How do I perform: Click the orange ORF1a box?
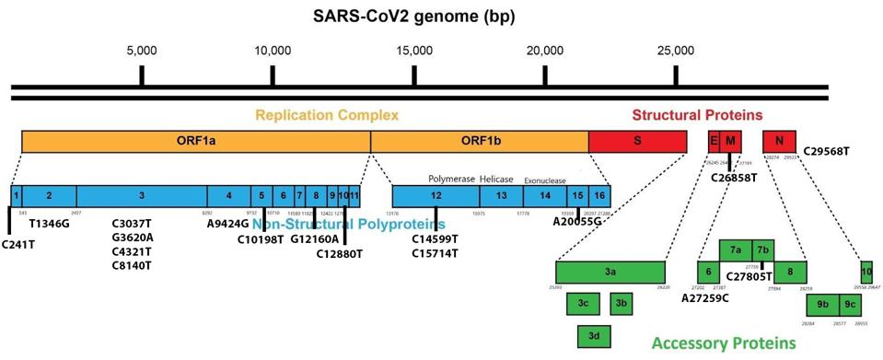195,141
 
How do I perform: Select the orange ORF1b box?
479,141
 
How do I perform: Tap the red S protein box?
637,141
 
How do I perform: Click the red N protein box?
780,141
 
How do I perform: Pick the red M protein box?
730,141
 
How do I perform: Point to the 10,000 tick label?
273,50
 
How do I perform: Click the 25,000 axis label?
676,50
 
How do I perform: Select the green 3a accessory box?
610,272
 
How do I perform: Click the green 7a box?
736,250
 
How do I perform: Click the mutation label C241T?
17,244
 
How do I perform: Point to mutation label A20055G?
577,222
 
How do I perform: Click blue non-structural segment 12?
435,195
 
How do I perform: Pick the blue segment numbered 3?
141,195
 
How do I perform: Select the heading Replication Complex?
327,115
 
